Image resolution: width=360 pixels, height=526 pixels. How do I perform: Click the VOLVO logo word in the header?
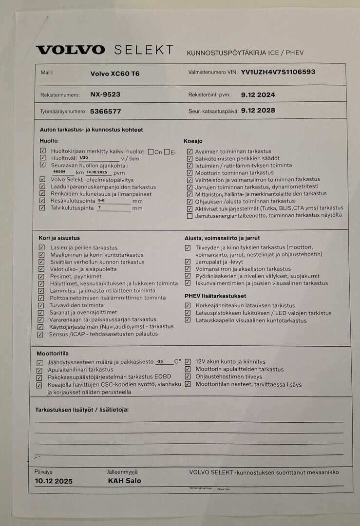(x=70, y=50)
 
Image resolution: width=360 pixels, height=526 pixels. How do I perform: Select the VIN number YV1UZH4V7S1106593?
(x=278, y=72)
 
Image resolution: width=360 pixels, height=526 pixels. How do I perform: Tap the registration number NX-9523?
(x=105, y=94)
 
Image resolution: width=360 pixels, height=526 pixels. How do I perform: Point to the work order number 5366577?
(x=106, y=111)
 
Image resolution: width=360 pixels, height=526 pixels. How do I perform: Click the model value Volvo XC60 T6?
(x=115, y=74)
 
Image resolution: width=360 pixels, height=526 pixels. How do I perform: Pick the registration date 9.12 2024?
(x=258, y=95)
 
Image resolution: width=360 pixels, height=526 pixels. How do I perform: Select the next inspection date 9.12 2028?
(x=258, y=111)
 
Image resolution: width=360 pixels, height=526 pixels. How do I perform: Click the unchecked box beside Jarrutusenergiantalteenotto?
(x=189, y=216)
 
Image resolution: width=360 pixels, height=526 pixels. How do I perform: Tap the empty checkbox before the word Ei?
(x=167, y=152)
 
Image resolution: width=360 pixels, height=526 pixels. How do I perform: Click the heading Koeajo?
(x=193, y=141)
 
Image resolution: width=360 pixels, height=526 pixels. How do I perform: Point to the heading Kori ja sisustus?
(x=59, y=238)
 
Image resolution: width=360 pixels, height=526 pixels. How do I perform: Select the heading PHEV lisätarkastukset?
(x=215, y=296)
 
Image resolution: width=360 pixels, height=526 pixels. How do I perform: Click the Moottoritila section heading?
(x=52, y=353)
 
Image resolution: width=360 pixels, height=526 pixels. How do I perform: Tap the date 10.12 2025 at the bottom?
(x=54, y=481)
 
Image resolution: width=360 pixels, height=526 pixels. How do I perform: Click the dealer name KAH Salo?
(x=124, y=481)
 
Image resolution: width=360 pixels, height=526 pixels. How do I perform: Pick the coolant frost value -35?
(x=159, y=361)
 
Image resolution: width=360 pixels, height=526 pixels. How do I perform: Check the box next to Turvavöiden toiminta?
(x=41, y=305)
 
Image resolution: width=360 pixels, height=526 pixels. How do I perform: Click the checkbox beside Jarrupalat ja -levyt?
(x=188, y=262)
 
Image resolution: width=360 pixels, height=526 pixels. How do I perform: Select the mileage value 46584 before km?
(x=59, y=172)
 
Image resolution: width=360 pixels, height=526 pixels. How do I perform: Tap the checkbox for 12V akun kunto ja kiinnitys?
(x=188, y=362)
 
